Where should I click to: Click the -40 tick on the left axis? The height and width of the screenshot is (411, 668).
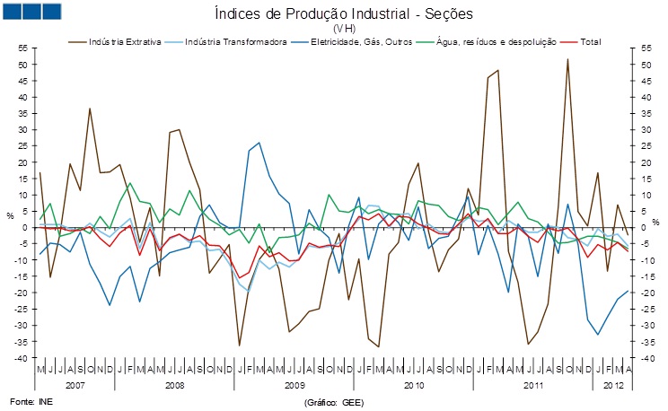pyautogui.click(x=22, y=358)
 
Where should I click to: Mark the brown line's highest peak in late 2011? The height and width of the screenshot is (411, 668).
pyautogui.click(x=567, y=59)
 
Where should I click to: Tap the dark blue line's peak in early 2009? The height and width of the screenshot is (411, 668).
pyautogui.click(x=259, y=143)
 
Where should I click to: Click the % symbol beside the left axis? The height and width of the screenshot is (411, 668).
pyautogui.click(x=11, y=215)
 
